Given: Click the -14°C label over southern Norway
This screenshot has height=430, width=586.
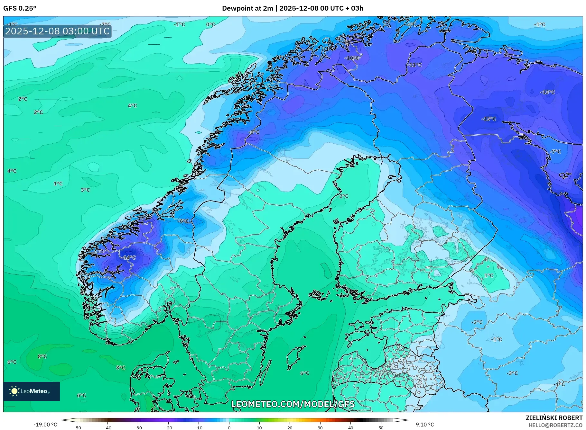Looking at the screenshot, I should coord(129,258).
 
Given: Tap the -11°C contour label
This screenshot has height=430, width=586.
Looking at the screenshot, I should coord(415,65).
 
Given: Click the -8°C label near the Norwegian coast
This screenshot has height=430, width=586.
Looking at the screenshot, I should coord(254,132).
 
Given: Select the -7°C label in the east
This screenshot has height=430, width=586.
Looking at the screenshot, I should coord(555,152).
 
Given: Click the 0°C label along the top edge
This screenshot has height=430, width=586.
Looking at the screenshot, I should coord(210,24).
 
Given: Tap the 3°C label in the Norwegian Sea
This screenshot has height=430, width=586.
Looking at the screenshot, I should coord(85,190).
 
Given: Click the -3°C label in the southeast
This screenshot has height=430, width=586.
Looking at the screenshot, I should coord(512,373).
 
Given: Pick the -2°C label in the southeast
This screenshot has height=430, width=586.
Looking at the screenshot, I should coord(477,322).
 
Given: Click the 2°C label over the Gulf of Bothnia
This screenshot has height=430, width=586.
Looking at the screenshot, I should coord(344,196).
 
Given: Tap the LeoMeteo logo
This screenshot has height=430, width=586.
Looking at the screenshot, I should coord(31,391).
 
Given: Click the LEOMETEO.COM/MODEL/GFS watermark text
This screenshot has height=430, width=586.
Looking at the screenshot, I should coord(293,404).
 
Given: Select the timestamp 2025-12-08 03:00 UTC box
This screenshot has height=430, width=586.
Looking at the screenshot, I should coord(57,31).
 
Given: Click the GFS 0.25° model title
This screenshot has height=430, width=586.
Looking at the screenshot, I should coord(20,8).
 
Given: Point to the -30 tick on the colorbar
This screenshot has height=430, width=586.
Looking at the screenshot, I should coord(138,427).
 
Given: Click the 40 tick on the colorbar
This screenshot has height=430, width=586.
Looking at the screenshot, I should coord(350,427).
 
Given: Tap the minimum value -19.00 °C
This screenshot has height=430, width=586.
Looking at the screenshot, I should coord(45,425).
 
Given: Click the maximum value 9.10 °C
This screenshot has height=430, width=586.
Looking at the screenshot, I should coord(425,425).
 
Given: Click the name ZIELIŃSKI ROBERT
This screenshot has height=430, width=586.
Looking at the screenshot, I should coord(554,418).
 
